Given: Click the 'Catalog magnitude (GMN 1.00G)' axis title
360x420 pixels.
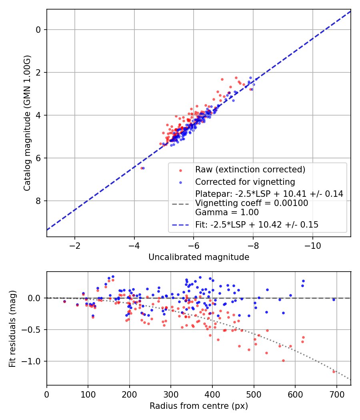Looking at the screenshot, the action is pyautogui.click(x=27, y=123).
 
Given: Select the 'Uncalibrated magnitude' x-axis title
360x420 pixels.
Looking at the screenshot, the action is pyautogui.click(x=199, y=257).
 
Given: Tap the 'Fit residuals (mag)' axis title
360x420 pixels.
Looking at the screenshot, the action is pyautogui.click(x=12, y=329).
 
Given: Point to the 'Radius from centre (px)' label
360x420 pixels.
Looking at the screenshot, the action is pyautogui.click(x=199, y=406).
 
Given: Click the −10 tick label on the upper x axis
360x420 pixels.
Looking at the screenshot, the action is pyautogui.click(x=312, y=246).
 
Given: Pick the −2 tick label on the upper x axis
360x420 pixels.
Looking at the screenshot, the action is pyautogui.click(x=74, y=246).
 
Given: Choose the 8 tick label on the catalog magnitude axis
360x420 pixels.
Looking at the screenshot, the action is pyautogui.click(x=38, y=201).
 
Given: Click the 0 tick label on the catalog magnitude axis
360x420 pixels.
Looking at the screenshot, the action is pyautogui.click(x=38, y=30).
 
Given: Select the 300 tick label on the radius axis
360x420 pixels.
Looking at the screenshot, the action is pyautogui.click(x=171, y=394).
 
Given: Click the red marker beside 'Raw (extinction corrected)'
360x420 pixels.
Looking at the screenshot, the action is pyautogui.click(x=180, y=170).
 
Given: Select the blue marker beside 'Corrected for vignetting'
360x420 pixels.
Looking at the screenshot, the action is pyautogui.click(x=180, y=183).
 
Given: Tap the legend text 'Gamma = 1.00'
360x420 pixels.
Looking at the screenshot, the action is pyautogui.click(x=227, y=212).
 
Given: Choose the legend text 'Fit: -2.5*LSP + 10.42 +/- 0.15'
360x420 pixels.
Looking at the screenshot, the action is pyautogui.click(x=257, y=224).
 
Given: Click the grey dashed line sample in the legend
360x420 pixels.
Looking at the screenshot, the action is pyautogui.click(x=180, y=204).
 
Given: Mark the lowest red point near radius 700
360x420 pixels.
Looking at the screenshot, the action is pyautogui.click(x=334, y=372).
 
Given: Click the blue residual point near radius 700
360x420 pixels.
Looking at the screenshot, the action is pyautogui.click(x=334, y=300).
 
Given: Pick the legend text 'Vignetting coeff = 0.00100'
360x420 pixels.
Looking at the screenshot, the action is pyautogui.click(x=252, y=203).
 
